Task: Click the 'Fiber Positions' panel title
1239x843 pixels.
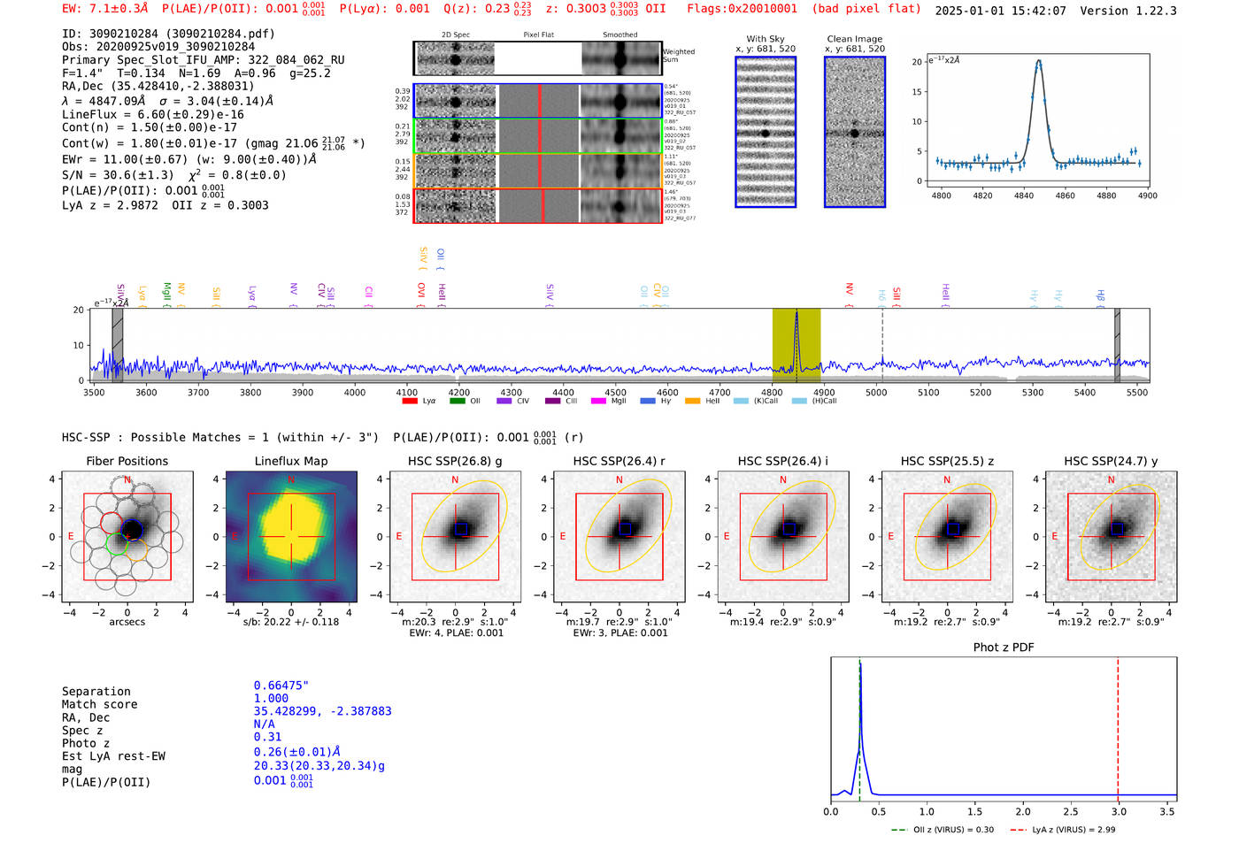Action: point(127,461)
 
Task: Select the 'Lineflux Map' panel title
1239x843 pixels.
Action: point(291,461)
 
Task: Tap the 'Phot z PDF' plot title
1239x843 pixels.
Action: point(1004,648)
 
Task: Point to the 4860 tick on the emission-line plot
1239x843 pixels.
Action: point(1065,195)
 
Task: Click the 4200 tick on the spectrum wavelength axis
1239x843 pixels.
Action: point(458,393)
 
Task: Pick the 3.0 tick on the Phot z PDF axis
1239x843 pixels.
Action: point(1119,811)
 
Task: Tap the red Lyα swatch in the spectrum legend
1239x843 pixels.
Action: point(410,402)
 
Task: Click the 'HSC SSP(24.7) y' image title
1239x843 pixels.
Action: point(1111,461)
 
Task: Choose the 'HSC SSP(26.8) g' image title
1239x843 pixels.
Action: point(455,461)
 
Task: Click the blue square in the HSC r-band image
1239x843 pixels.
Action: point(625,528)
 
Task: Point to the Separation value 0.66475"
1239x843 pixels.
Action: point(281,686)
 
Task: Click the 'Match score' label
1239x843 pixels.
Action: point(100,705)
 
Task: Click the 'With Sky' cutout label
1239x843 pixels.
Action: point(766,39)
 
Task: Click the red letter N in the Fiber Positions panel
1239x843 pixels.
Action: point(127,480)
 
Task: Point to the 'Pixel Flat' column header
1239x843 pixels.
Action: point(538,35)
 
